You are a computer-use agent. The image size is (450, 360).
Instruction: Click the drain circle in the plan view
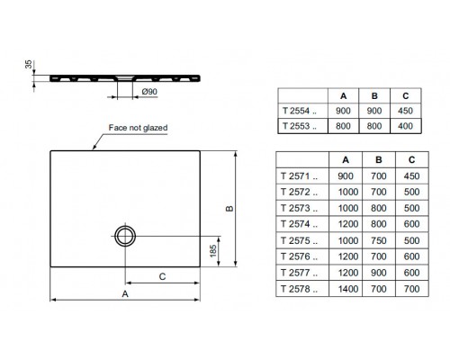[123, 235]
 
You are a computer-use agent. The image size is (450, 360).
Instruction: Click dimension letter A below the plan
[126, 293]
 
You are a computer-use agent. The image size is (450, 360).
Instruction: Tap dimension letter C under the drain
[161, 277]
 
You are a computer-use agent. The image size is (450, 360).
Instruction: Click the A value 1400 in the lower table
[346, 289]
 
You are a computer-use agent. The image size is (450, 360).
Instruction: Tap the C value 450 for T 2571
[411, 175]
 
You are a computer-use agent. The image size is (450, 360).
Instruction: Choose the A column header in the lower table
[346, 159]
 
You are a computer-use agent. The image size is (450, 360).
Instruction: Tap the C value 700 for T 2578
[411, 289]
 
